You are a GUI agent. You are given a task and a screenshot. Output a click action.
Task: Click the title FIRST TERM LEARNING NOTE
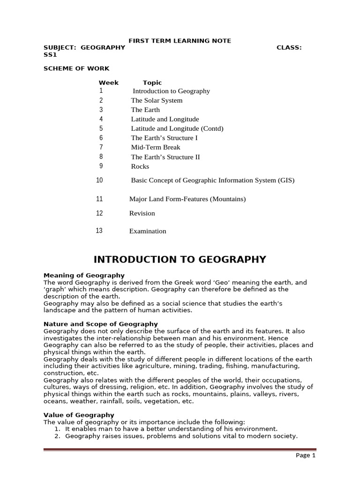click(180, 41)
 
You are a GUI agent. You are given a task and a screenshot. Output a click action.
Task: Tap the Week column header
click(108, 82)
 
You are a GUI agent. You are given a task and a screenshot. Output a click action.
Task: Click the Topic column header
click(152, 82)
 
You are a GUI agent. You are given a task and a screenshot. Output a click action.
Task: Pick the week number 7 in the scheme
click(101, 147)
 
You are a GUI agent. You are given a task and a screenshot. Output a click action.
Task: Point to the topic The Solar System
click(157, 100)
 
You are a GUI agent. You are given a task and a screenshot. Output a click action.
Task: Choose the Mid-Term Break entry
click(156, 147)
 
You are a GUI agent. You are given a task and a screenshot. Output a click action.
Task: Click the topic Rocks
click(140, 166)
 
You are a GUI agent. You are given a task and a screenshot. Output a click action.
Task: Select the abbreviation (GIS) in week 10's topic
click(286, 180)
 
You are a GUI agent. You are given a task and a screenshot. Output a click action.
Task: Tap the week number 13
click(99, 231)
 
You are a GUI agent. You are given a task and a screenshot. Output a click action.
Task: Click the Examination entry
click(148, 231)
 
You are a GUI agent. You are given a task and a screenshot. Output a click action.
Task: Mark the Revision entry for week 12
click(142, 213)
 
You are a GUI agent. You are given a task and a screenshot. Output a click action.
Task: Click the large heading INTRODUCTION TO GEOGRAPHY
click(180, 260)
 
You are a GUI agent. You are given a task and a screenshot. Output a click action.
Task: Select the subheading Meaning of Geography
click(84, 275)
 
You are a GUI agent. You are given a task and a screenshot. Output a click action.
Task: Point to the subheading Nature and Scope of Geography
click(100, 324)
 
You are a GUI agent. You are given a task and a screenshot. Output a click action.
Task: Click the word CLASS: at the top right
click(289, 47)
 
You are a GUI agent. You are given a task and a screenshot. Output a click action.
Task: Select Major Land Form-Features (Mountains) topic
click(187, 199)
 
